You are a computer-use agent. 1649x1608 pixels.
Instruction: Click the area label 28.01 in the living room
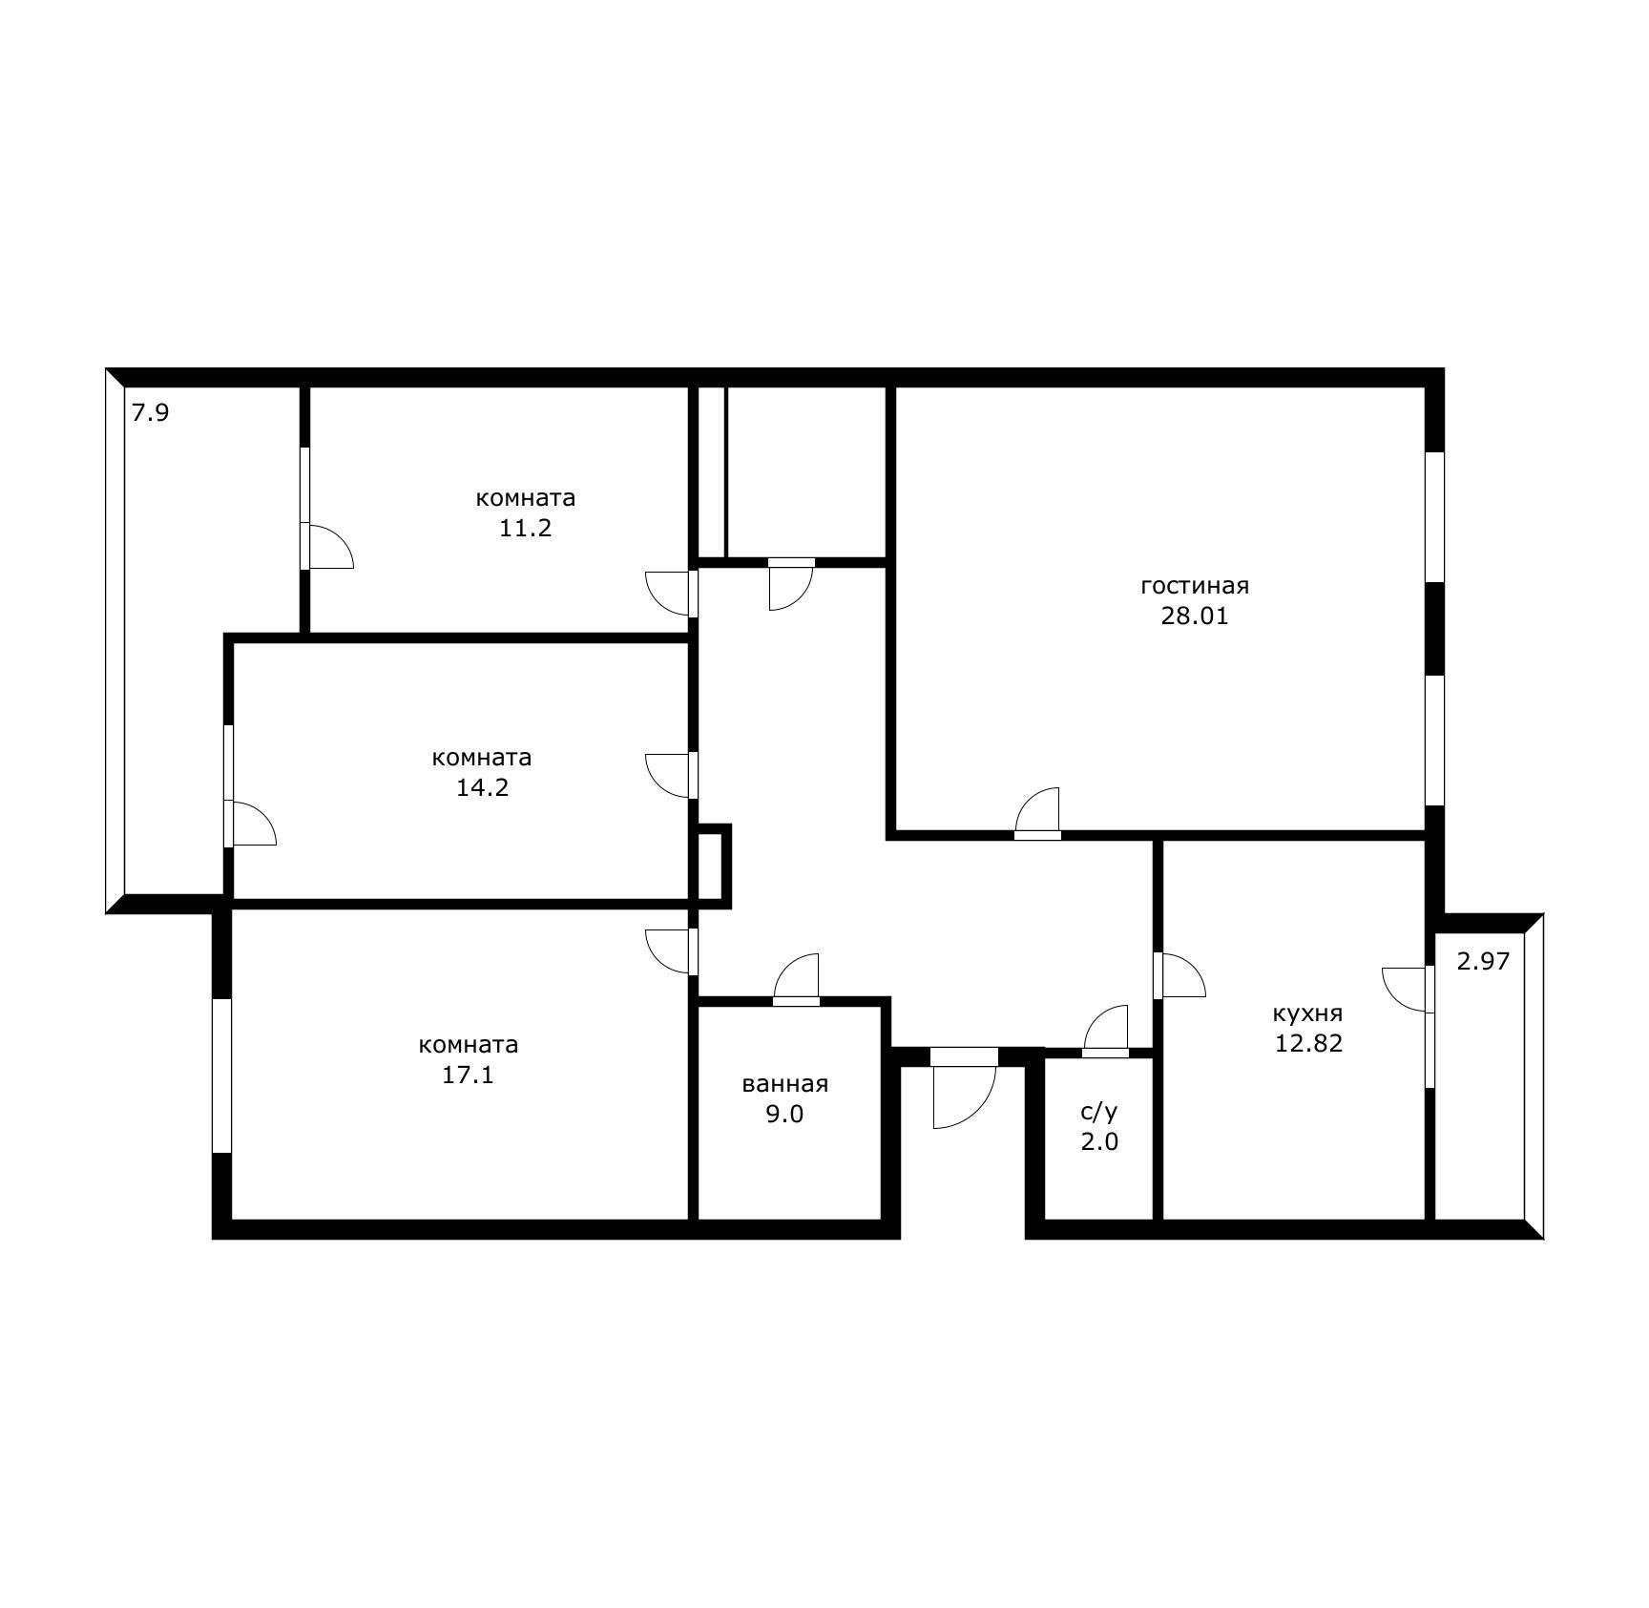coord(1194,616)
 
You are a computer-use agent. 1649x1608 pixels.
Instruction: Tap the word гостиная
coord(1195,586)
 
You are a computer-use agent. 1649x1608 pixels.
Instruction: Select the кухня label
coord(1307,1013)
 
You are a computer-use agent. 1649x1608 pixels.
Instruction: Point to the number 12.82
coord(1308,1044)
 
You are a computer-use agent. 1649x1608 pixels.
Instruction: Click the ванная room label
coord(784,1084)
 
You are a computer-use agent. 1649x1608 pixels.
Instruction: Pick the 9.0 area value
coord(784,1114)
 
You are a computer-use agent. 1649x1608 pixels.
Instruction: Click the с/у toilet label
coord(1098,1112)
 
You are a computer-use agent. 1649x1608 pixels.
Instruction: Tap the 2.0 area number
coord(1099,1141)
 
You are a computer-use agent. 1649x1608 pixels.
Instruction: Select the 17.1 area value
coord(468,1075)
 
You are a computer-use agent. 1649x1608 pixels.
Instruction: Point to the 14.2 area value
coord(482,788)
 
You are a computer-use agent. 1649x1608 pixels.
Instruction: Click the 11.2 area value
coord(525,529)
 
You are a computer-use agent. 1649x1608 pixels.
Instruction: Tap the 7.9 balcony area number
coord(150,414)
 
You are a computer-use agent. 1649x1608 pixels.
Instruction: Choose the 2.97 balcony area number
coord(1483,962)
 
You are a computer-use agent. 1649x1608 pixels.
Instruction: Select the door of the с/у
coord(1106,1032)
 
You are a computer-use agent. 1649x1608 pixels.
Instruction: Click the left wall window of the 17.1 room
coord(221,1075)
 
